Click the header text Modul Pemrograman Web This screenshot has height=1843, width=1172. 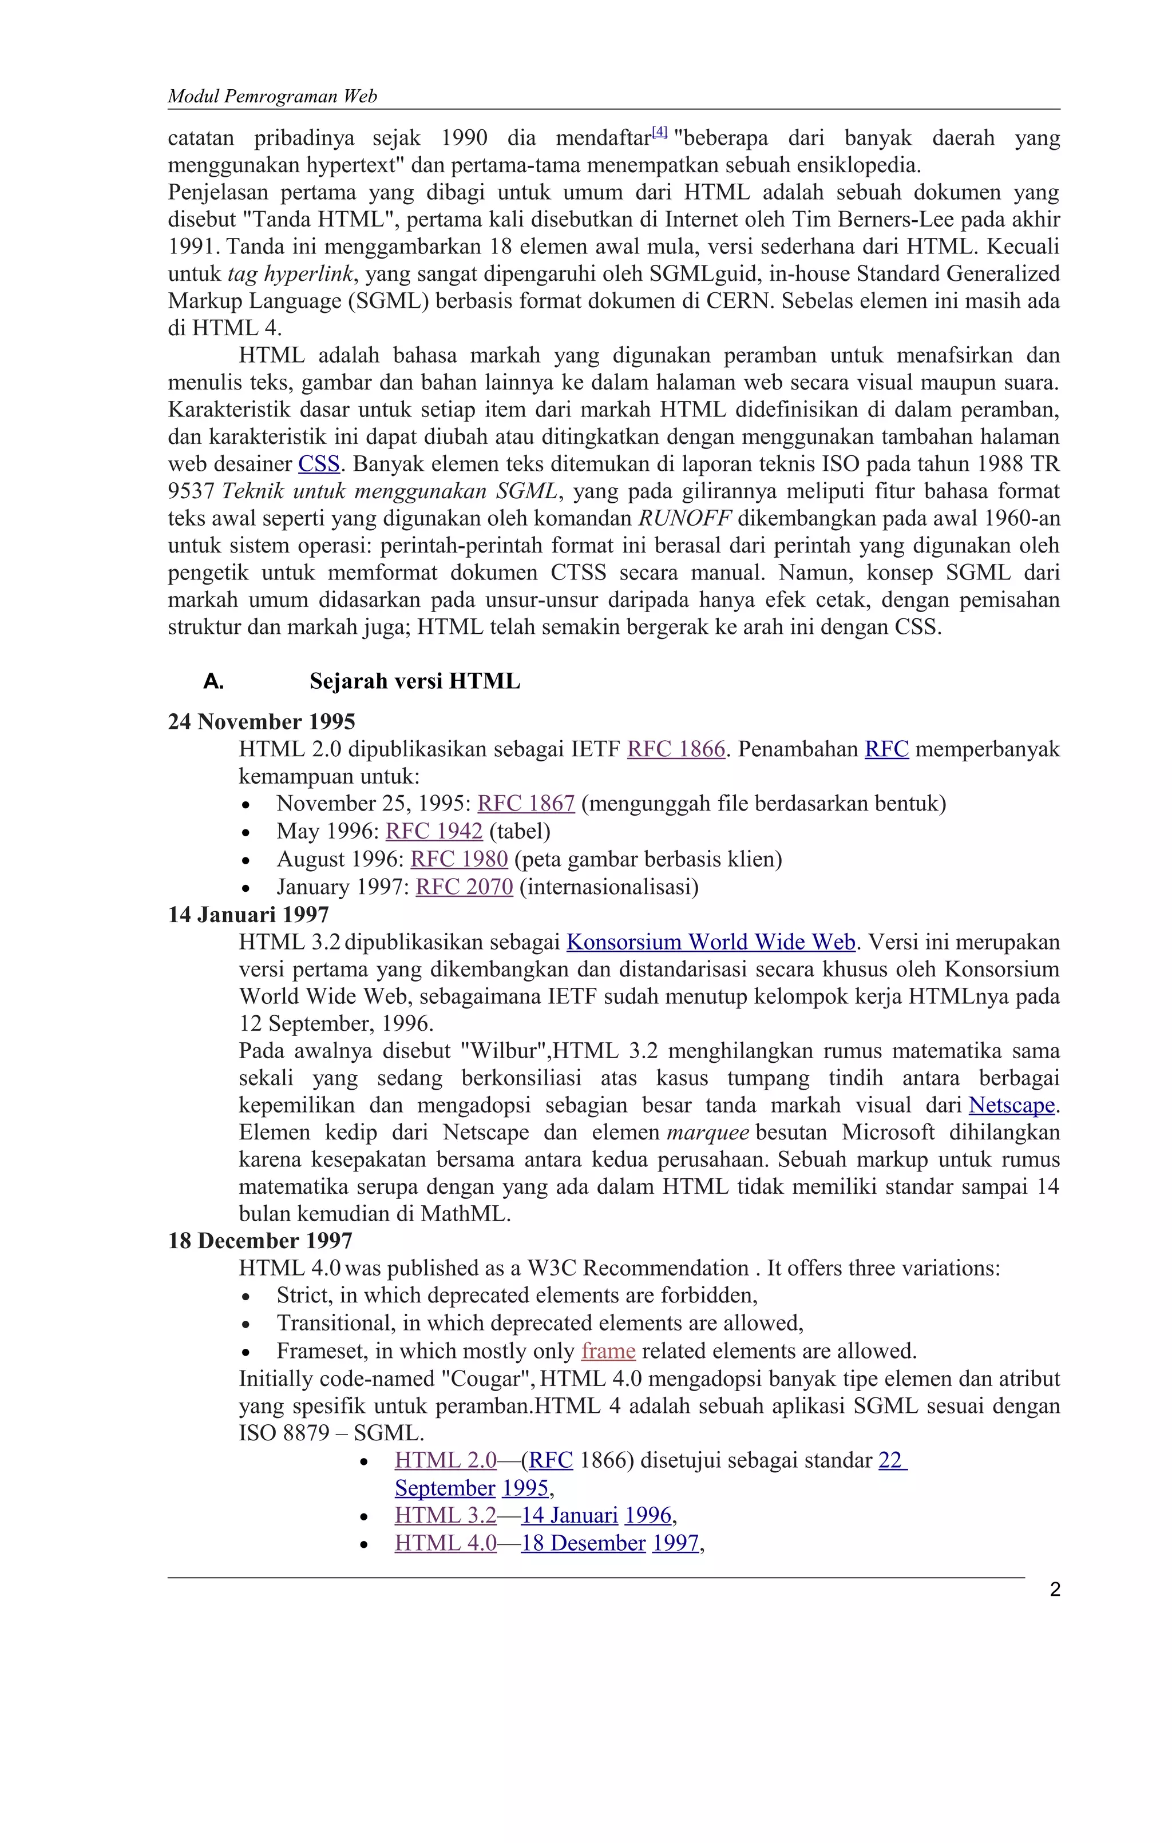272,97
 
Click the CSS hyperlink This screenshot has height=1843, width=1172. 318,464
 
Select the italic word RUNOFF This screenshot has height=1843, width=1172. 684,519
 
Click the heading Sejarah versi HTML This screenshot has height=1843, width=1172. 414,681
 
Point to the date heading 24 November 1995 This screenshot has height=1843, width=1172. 262,722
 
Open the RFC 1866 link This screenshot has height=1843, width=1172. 675,749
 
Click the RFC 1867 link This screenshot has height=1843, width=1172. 526,804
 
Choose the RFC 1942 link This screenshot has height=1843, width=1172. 434,831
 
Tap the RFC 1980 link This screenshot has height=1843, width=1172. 460,860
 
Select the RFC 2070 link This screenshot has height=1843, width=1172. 464,887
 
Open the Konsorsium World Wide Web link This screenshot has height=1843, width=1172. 710,942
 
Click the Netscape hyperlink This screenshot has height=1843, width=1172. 1011,1105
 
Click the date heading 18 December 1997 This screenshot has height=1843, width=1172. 260,1241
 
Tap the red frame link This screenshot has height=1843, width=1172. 608,1351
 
